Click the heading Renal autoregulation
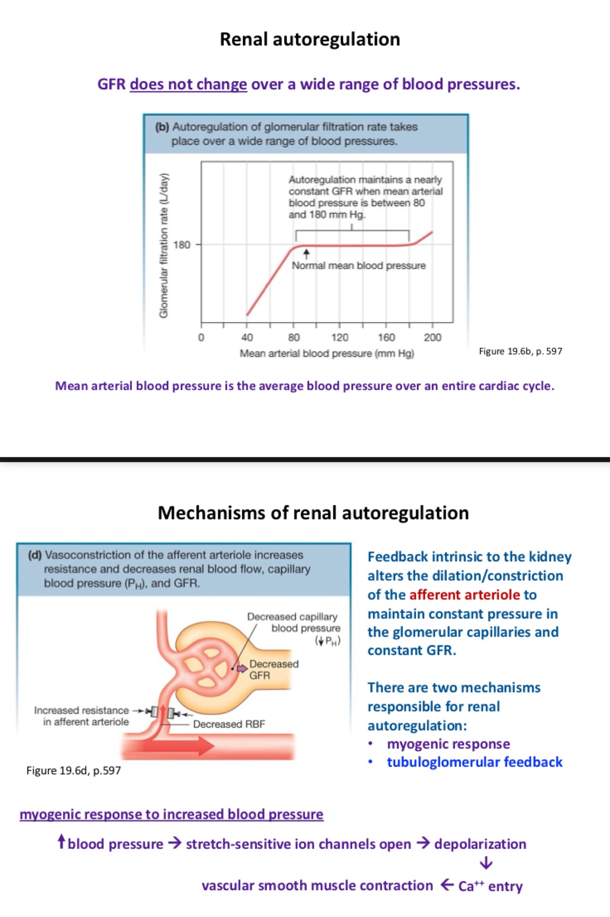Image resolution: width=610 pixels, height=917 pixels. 310,39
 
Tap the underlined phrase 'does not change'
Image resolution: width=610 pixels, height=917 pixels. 188,85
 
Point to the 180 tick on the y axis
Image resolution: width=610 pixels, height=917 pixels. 182,245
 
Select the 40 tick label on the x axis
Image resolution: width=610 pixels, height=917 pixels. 247,338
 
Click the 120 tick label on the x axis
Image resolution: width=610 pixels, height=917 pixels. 340,338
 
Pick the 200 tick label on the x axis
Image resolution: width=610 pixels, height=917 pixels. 432,338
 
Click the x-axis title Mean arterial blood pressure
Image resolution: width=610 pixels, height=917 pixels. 326,353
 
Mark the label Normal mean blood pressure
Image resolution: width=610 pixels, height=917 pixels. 359,265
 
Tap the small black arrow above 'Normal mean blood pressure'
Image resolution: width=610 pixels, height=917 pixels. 306,253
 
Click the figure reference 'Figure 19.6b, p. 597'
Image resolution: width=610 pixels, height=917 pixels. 520,351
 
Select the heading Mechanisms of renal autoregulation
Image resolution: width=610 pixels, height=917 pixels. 313,513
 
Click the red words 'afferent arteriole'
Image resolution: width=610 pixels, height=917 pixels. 465,594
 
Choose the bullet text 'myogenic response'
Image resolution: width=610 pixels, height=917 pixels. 448,744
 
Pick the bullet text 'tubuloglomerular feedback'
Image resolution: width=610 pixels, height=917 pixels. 475,762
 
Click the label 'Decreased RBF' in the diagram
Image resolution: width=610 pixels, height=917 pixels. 229,724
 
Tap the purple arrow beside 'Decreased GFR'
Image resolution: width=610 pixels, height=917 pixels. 242,669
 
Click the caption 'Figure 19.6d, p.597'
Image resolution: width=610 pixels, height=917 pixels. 74,770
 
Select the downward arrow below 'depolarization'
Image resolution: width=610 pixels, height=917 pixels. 486,863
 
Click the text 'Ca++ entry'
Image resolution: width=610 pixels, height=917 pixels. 490,886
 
